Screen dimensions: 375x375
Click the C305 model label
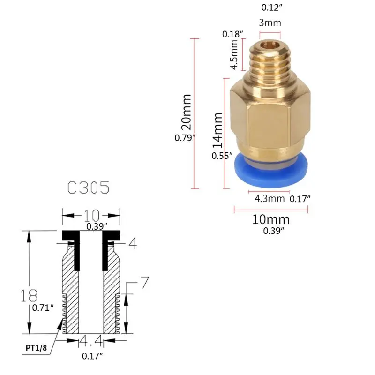pos(88,188)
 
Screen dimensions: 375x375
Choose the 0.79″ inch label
pos(184,138)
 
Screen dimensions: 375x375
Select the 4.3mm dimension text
pos(270,198)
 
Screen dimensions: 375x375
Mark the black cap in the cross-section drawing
pos(91,234)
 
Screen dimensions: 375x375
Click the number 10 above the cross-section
pos(91,215)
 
